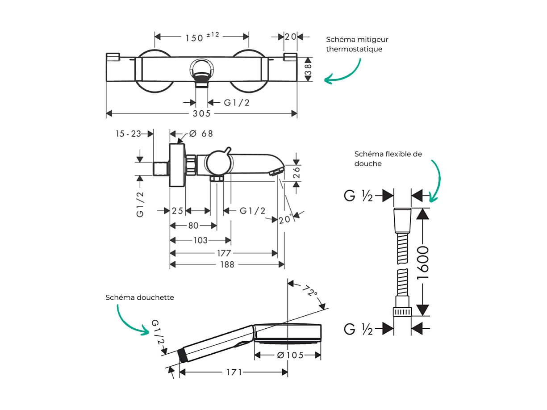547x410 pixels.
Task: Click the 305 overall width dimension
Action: click(x=201, y=114)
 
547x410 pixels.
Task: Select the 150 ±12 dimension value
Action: click(x=202, y=37)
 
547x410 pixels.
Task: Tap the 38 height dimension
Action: click(x=308, y=69)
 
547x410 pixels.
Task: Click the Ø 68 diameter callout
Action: click(x=200, y=134)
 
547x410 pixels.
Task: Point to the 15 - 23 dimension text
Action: click(x=128, y=134)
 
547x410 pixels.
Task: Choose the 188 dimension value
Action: click(x=227, y=265)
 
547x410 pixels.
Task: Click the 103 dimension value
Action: click(x=200, y=240)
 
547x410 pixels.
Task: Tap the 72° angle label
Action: click(x=309, y=292)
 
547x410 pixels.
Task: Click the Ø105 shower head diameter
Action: click(x=290, y=356)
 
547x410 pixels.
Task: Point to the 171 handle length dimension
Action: click(x=234, y=372)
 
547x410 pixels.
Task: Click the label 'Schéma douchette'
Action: click(x=140, y=297)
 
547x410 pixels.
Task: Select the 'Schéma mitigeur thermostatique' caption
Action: click(x=354, y=44)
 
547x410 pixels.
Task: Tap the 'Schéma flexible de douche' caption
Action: click(x=388, y=159)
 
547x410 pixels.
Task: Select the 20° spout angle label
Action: click(x=285, y=220)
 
